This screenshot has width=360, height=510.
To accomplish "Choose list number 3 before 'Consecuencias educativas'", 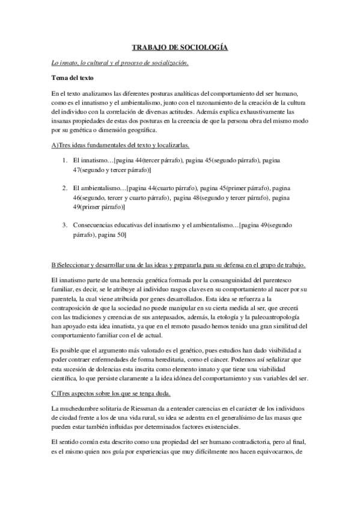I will click(65, 225).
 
